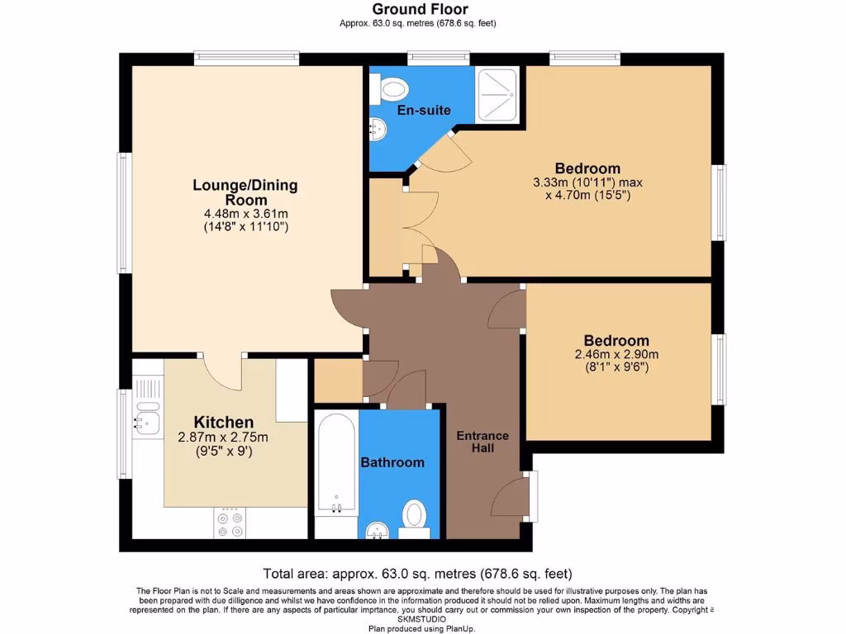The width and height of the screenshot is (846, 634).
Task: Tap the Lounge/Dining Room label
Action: pyautogui.click(x=245, y=192)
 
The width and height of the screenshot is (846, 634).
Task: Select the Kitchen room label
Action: pyautogui.click(x=223, y=422)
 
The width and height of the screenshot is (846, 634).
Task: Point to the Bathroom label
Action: pyautogui.click(x=392, y=462)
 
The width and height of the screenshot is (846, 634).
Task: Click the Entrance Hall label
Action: pyautogui.click(x=483, y=442)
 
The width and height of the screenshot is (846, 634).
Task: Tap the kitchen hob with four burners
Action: pyautogui.click(x=230, y=523)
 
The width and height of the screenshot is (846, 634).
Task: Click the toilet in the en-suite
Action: pyautogui.click(x=391, y=87)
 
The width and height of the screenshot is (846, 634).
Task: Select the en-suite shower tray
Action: pyautogui.click(x=498, y=92)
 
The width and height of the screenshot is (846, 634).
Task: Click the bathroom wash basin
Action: pyautogui.click(x=378, y=529)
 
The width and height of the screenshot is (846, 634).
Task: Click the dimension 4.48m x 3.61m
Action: pyautogui.click(x=245, y=213)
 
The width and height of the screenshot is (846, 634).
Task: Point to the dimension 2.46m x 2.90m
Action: pyautogui.click(x=616, y=355)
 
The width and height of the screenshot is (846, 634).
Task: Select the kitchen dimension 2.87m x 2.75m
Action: pyautogui.click(x=223, y=438)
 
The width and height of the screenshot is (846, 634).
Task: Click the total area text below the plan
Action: pyautogui.click(x=417, y=574)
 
